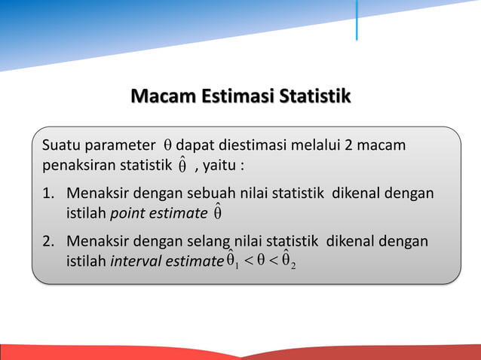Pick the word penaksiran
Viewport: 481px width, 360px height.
[x=77, y=164]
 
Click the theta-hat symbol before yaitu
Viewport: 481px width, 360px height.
[x=182, y=165]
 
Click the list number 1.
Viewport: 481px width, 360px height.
[x=47, y=194]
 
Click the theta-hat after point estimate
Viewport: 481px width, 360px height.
[x=217, y=213]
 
